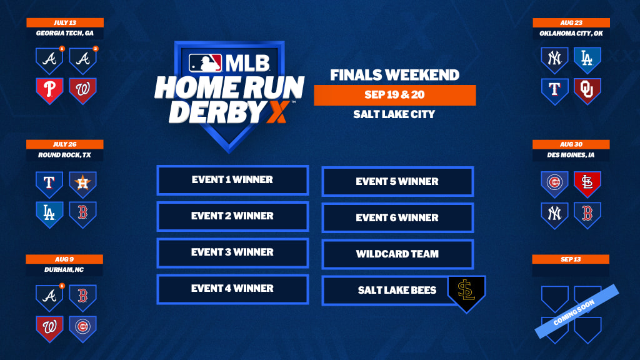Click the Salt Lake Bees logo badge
click(x=466, y=294)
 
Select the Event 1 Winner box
click(x=232, y=180)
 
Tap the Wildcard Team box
click(x=397, y=254)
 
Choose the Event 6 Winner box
click(x=397, y=218)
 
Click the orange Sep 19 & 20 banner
click(x=395, y=95)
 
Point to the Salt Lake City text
click(x=394, y=114)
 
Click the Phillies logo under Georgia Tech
click(x=49, y=91)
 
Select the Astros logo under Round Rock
click(x=82, y=184)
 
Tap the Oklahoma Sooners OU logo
click(x=587, y=91)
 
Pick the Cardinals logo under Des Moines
click(x=587, y=184)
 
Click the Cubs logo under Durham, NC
click(x=82, y=329)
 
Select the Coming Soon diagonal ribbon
click(x=577, y=311)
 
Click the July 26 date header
click(x=65, y=144)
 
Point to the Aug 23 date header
click(x=571, y=23)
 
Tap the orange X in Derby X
click(x=277, y=112)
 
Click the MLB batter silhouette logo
click(x=205, y=63)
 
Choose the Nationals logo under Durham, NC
click(x=49, y=329)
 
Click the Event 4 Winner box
click(x=232, y=289)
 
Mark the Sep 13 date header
click(x=571, y=259)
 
